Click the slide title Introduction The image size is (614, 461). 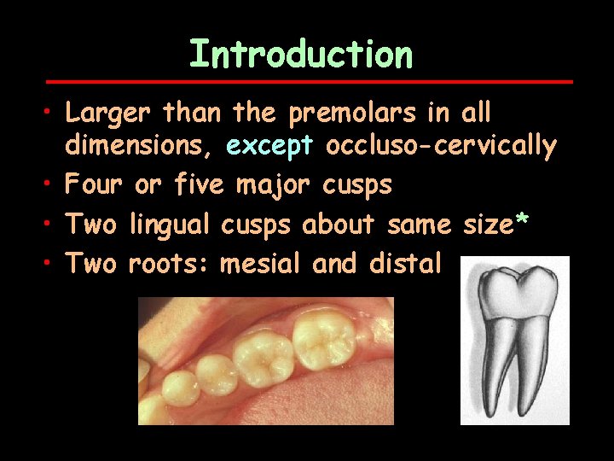coord(301,53)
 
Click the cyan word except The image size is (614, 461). coord(270,147)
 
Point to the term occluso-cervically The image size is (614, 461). coord(441,147)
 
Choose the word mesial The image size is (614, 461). coord(261,263)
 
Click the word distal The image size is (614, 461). coord(406,263)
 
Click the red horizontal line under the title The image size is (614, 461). coord(308,82)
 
